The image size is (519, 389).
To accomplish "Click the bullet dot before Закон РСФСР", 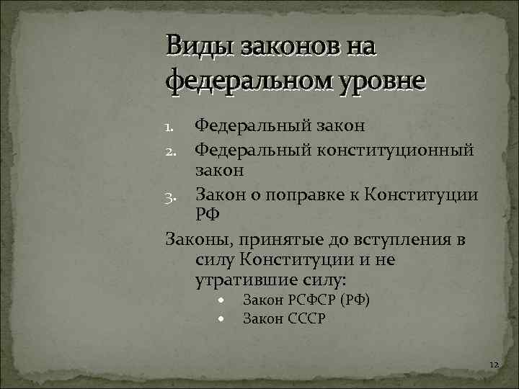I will (x=223, y=300).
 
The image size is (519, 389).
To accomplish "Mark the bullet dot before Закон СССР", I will (x=223, y=318).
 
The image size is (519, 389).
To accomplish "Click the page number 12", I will (x=493, y=366).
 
